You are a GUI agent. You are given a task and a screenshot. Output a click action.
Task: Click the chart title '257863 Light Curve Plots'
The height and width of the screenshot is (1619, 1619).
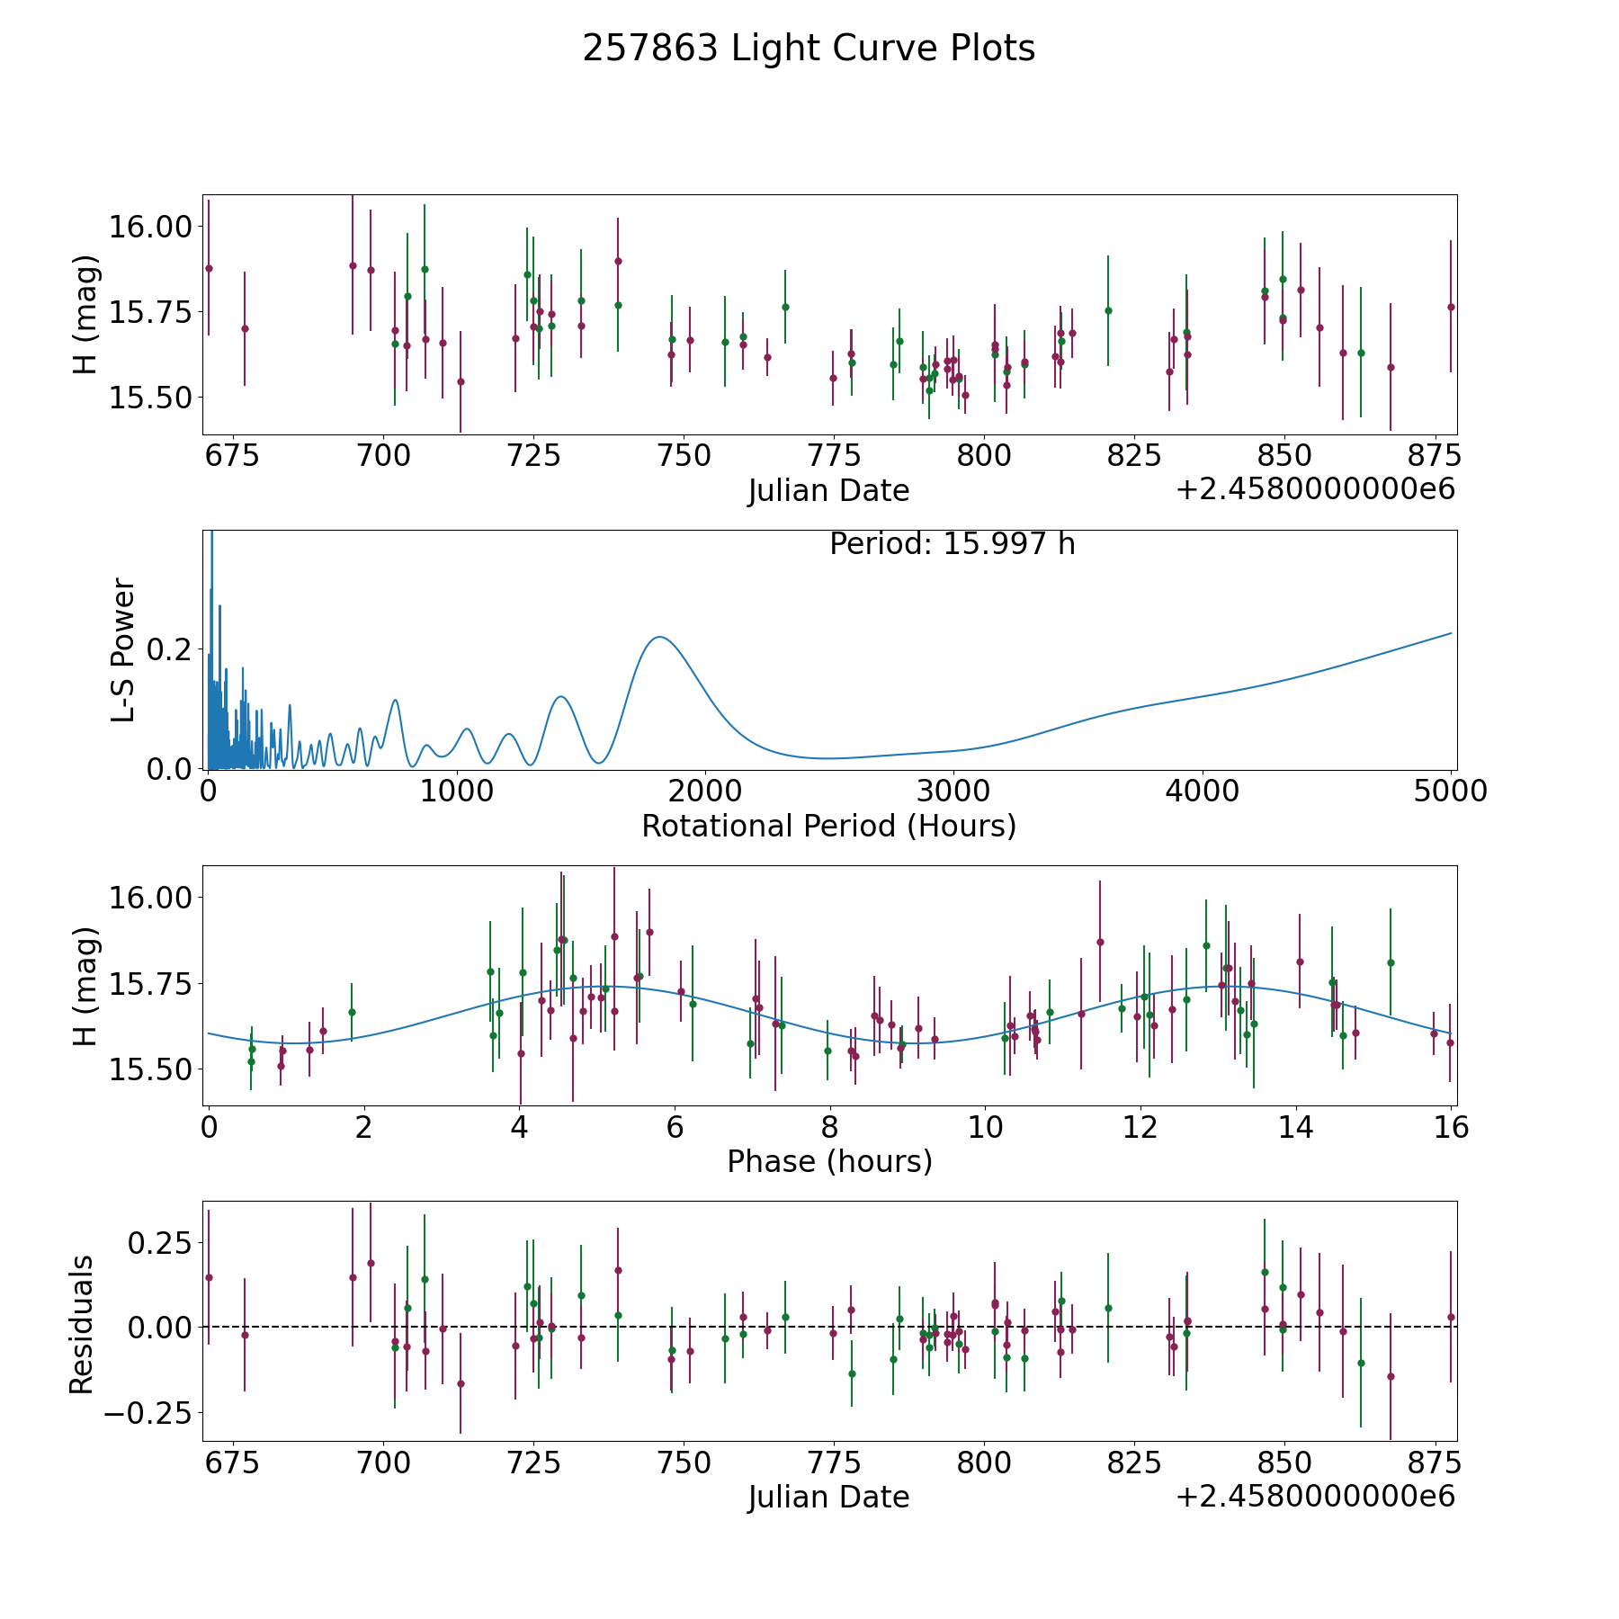pyautogui.click(x=809, y=49)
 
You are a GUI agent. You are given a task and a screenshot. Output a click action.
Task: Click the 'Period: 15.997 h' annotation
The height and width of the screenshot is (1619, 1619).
pyautogui.click(x=952, y=544)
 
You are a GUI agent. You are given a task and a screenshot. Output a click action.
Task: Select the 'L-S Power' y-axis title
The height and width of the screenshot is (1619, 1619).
pyautogui.click(x=124, y=649)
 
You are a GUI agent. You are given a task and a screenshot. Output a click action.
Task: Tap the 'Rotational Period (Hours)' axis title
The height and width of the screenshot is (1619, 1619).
pyautogui.click(x=828, y=826)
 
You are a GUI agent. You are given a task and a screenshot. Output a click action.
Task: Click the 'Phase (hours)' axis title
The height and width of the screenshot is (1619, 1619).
pyautogui.click(x=829, y=1161)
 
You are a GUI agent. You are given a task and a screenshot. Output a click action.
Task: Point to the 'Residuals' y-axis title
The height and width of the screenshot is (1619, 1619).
pyautogui.click(x=82, y=1324)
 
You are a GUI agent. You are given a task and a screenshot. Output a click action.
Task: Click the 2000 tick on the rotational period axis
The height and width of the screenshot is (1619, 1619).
pyautogui.click(x=705, y=792)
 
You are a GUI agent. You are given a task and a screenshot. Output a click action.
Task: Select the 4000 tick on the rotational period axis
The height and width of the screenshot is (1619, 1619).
pyautogui.click(x=1203, y=792)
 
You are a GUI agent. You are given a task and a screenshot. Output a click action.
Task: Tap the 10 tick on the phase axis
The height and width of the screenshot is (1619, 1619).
pyautogui.click(x=985, y=1127)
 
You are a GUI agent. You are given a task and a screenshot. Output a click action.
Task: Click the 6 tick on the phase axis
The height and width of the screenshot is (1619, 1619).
pyautogui.click(x=675, y=1127)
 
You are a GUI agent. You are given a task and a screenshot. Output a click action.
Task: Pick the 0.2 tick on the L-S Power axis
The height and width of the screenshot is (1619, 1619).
pyautogui.click(x=170, y=649)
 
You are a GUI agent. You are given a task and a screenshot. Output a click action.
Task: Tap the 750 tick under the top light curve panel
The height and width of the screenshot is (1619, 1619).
pyautogui.click(x=684, y=456)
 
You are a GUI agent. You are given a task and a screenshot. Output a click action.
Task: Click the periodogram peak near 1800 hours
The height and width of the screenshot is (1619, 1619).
pyautogui.click(x=659, y=637)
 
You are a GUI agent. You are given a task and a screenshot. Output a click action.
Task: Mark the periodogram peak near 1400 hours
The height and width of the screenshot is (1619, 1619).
pyautogui.click(x=561, y=696)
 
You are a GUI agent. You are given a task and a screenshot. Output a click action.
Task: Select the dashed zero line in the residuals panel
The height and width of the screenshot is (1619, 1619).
pyautogui.click(x=899, y=1327)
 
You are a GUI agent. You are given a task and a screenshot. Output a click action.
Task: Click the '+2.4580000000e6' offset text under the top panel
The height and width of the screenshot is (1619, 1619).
pyautogui.click(x=1315, y=489)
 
